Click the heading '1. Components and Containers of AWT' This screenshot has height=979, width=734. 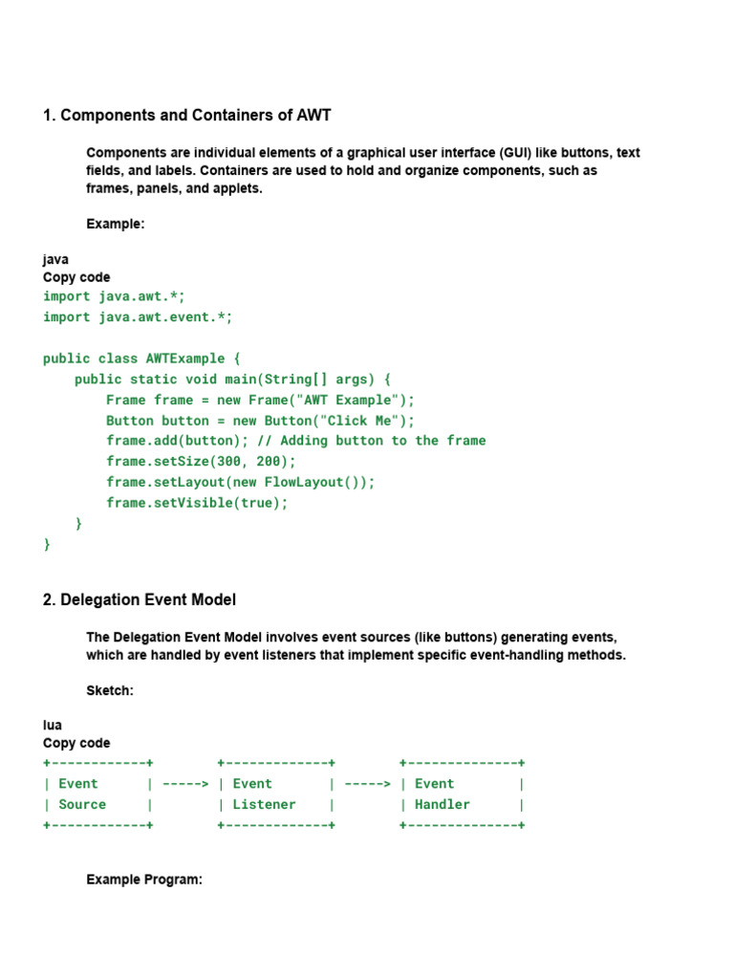187,116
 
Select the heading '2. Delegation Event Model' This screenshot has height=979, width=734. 140,600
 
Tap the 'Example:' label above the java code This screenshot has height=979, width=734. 116,225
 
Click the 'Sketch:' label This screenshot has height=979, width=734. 110,690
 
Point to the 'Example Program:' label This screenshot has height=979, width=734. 144,880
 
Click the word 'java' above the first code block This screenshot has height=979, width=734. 55,259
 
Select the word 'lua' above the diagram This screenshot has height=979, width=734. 53,725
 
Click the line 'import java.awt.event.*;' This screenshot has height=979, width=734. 138,316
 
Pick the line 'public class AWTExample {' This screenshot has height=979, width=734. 141,359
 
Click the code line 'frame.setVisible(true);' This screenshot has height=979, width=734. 197,503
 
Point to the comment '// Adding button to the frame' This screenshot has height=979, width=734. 370,441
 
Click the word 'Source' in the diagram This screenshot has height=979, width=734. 82,805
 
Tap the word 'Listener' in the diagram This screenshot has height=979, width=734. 265,805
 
